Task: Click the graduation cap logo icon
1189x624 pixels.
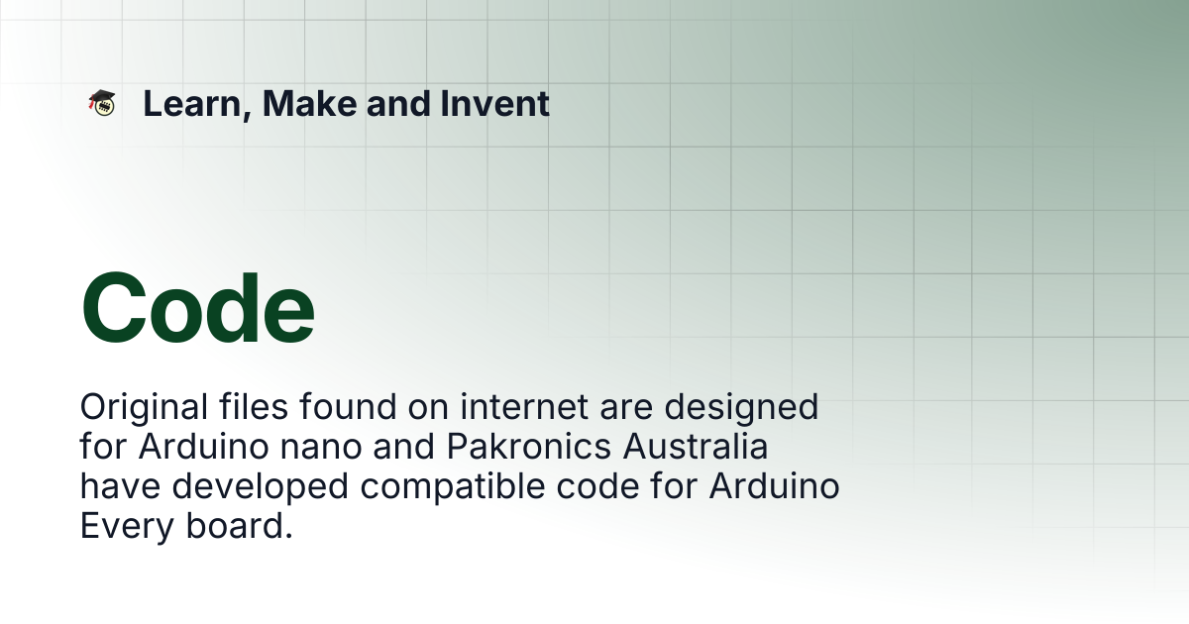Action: click(101, 103)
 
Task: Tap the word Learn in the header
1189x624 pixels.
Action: click(192, 104)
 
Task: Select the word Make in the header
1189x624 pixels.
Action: click(309, 103)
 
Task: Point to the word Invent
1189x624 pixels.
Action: click(494, 103)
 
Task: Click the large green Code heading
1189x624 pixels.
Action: click(198, 309)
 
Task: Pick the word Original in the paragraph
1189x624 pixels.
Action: click(144, 408)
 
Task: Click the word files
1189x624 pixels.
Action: click(254, 406)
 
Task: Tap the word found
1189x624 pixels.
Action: click(348, 406)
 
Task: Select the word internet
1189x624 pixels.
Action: click(524, 406)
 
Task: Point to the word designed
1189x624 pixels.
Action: click(741, 408)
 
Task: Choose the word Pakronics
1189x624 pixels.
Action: click(529, 447)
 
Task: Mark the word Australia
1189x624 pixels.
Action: click(696, 447)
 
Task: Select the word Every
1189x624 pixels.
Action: click(127, 527)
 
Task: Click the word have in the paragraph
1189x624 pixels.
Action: click(120, 486)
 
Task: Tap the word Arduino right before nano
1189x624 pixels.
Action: click(204, 447)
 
